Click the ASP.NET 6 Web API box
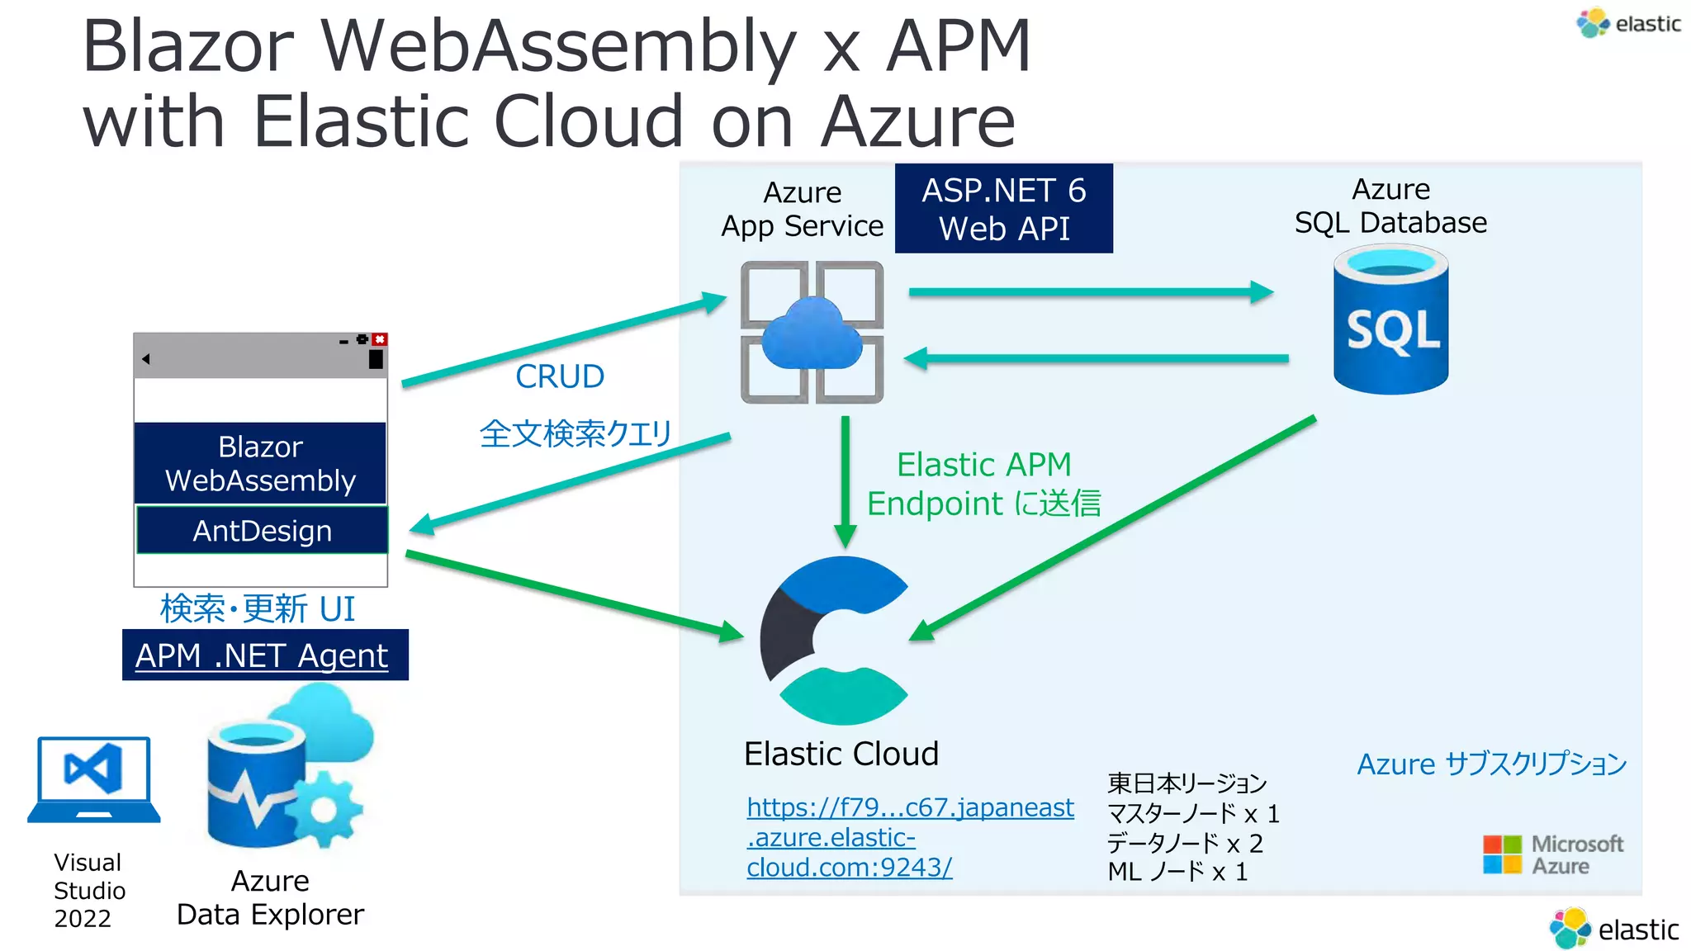point(1003,209)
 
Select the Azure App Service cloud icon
point(812,333)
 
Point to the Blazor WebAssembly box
point(260,463)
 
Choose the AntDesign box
point(262,531)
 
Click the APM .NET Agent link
point(262,655)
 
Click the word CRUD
point(560,376)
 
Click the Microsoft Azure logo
point(1552,854)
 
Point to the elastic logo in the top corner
point(1628,23)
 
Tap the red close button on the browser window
point(380,339)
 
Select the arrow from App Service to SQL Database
point(1090,291)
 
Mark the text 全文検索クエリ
point(576,433)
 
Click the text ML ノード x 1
point(1177,872)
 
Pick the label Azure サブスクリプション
point(1491,764)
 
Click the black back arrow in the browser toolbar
point(146,359)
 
